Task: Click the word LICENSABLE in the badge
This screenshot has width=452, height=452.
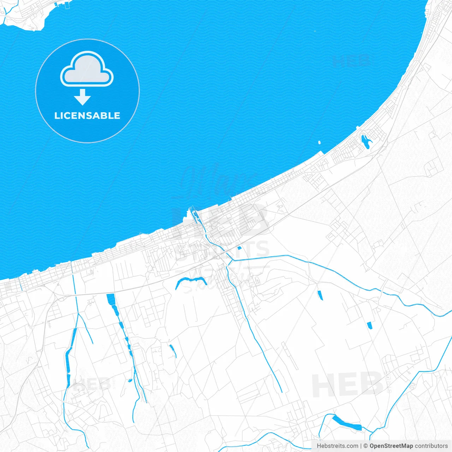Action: click(x=87, y=116)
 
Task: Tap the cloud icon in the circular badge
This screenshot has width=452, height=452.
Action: click(x=87, y=69)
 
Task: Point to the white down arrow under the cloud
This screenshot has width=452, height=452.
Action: click(x=83, y=97)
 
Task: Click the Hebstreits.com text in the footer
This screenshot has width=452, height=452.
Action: click(x=337, y=446)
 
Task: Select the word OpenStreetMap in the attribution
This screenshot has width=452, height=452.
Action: click(x=391, y=446)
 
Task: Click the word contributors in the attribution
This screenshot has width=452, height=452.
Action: click(x=431, y=446)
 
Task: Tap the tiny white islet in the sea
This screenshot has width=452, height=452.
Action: click(x=319, y=143)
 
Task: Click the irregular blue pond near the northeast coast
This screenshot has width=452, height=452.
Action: click(x=365, y=141)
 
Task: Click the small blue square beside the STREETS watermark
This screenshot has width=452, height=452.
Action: click(x=239, y=248)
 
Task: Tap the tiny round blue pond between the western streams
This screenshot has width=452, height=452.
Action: click(x=130, y=381)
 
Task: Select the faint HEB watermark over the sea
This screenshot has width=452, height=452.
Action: click(x=352, y=61)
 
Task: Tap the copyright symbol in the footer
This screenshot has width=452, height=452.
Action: click(x=365, y=446)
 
